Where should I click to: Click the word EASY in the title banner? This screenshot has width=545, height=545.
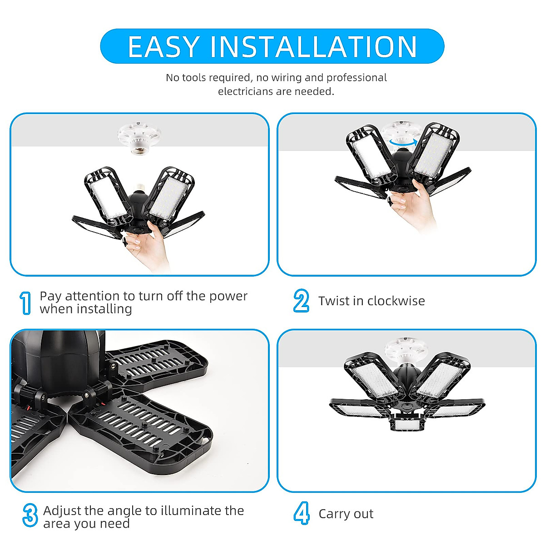pyautogui.click(x=163, y=46)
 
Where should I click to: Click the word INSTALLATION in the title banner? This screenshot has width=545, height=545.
pyautogui.click(x=314, y=46)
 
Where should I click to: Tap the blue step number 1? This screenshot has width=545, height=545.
pyautogui.click(x=26, y=303)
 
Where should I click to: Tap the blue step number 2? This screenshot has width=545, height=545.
pyautogui.click(x=301, y=301)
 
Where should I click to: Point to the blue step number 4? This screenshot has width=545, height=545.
pyautogui.click(x=302, y=514)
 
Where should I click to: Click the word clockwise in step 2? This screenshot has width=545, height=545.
pyautogui.click(x=396, y=301)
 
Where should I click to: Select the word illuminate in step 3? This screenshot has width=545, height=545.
pyautogui.click(x=190, y=510)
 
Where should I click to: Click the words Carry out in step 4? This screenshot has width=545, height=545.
pyautogui.click(x=346, y=514)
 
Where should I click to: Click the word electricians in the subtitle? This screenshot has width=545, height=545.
pyautogui.click(x=245, y=91)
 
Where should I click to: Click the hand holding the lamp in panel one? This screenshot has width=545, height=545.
pyautogui.click(x=148, y=245)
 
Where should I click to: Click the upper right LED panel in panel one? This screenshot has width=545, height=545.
pyautogui.click(x=169, y=196)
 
